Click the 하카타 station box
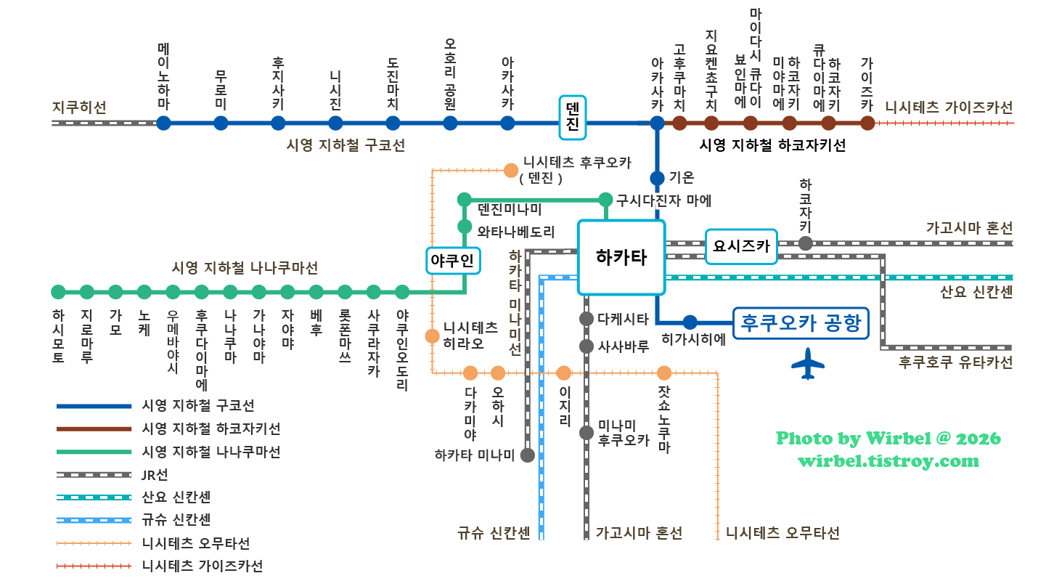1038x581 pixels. [x=621, y=257]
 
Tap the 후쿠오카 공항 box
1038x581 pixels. [x=801, y=322]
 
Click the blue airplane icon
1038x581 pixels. [x=807, y=364]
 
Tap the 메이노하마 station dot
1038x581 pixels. [x=163, y=123]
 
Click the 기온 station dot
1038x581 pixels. [x=657, y=178]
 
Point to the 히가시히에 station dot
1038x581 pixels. [x=690, y=322]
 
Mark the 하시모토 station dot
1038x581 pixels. [x=58, y=292]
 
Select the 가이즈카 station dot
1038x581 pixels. [x=867, y=123]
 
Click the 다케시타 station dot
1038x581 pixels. [x=587, y=319]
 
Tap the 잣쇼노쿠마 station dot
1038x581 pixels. [x=663, y=373]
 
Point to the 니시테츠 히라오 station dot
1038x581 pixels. [x=433, y=336]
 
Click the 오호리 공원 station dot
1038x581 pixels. [x=450, y=123]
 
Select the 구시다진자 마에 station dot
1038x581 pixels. [x=605, y=199]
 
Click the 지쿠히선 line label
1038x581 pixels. [x=79, y=107]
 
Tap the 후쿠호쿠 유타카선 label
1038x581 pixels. [x=955, y=362]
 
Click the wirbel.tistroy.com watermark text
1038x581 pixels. [x=888, y=460]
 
